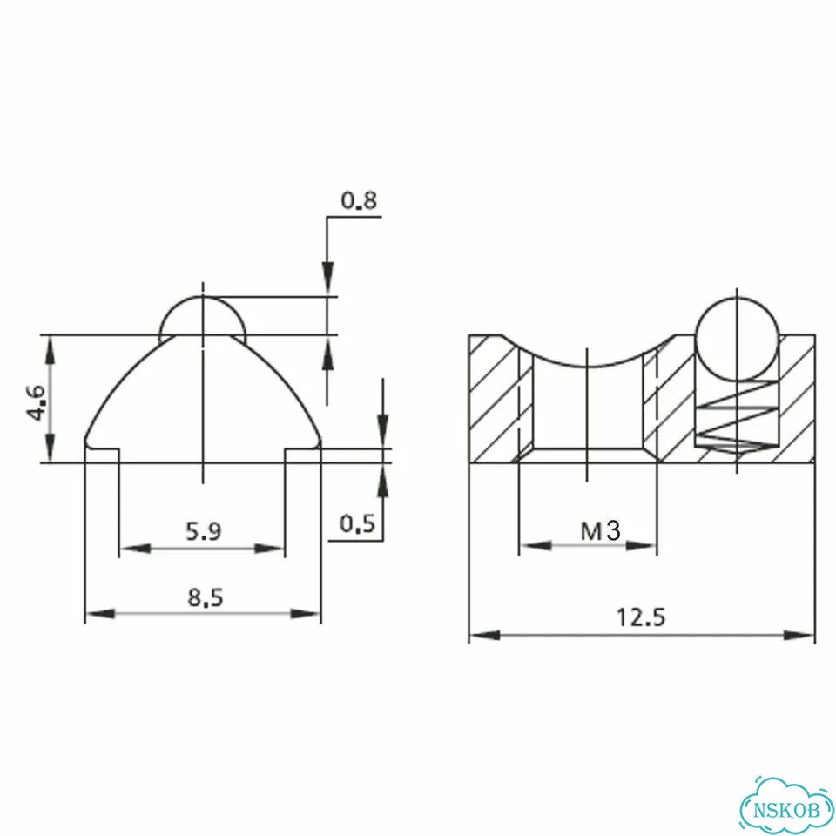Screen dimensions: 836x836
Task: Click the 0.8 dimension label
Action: [x=359, y=200]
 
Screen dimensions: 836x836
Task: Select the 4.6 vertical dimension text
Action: [x=37, y=402]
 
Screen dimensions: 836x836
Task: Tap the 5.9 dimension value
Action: [x=203, y=531]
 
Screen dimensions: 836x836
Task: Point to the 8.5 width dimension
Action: [x=206, y=597]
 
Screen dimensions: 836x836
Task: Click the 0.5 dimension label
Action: [x=358, y=524]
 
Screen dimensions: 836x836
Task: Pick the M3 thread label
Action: [x=600, y=530]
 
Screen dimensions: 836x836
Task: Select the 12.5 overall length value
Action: [x=642, y=617]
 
